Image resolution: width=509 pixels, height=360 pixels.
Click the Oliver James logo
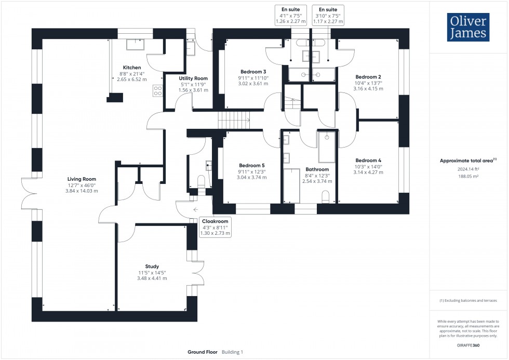click(x=468, y=28)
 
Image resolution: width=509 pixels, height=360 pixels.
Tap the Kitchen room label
click(x=131, y=68)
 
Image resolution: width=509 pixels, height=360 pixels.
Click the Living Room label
click(x=82, y=179)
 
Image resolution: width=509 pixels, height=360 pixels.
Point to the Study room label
click(x=152, y=266)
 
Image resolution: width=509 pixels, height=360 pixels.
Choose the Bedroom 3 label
click(x=253, y=72)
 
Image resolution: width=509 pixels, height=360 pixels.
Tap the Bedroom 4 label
click(x=368, y=160)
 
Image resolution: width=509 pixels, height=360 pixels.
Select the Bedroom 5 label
click(x=252, y=165)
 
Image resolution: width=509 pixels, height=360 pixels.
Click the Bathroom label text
click(x=317, y=169)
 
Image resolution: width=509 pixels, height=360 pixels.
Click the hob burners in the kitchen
click(x=157, y=91)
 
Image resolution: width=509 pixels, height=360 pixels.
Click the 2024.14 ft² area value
click(x=468, y=169)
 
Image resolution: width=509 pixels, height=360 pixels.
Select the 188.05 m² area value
click(x=468, y=176)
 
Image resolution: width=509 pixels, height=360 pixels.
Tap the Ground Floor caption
click(x=203, y=352)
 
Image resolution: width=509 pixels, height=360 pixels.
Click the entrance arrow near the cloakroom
click(x=195, y=209)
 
